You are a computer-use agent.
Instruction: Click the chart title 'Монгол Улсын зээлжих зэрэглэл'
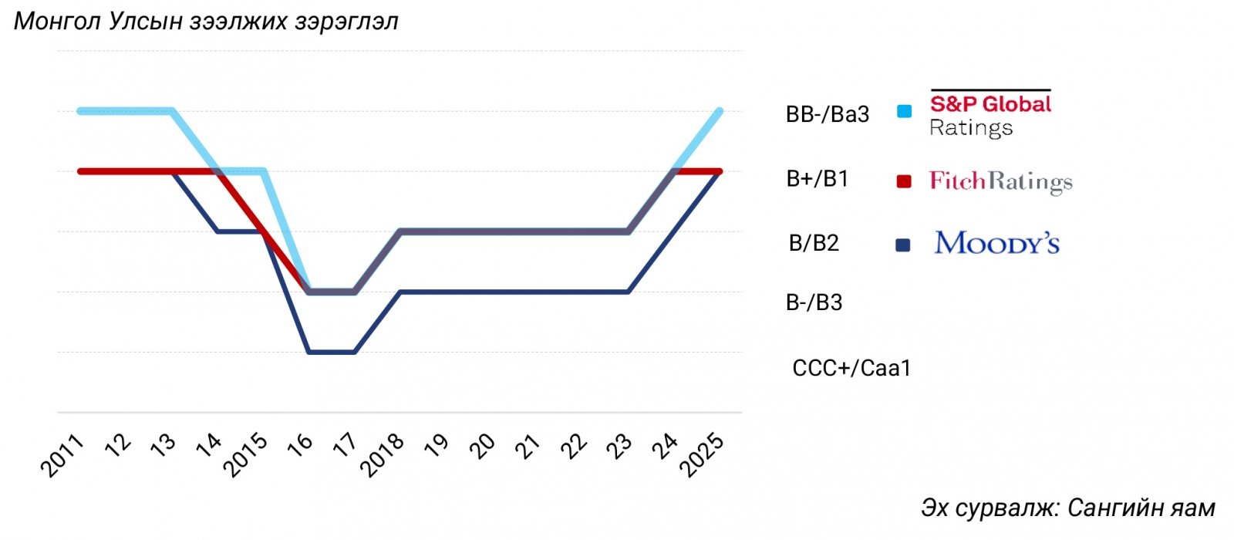[206, 21]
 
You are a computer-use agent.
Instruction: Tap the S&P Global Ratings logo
[990, 114]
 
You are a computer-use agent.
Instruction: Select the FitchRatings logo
[1000, 182]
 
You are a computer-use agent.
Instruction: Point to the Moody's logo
[996, 244]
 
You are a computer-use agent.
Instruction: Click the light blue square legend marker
[904, 112]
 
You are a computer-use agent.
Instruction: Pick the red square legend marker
[904, 181]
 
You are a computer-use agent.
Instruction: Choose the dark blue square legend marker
[903, 245]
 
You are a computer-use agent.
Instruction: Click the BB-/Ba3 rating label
[828, 115]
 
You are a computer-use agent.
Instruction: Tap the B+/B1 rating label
[818, 180]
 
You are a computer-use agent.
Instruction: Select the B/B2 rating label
[814, 244]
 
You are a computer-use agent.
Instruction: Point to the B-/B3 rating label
[814, 303]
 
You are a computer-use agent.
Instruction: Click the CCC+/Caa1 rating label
[851, 369]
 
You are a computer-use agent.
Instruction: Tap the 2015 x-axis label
[245, 455]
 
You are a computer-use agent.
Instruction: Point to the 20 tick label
[483, 445]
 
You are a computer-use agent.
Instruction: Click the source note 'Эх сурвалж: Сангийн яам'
[1067, 508]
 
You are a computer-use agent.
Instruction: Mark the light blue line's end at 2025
[720, 111]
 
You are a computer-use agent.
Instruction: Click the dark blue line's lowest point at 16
[309, 353]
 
